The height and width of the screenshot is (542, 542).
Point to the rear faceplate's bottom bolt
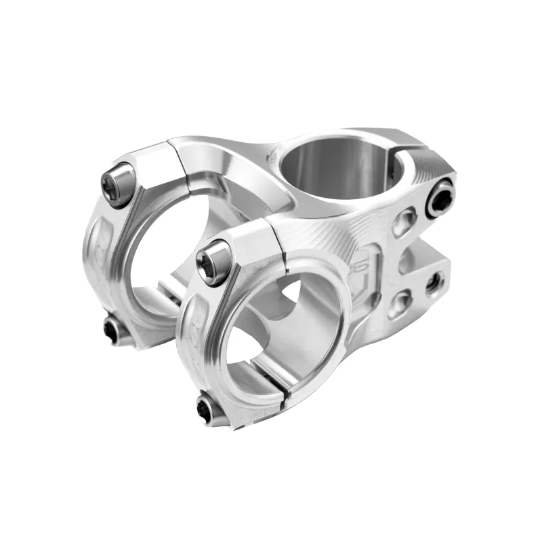click(112, 330)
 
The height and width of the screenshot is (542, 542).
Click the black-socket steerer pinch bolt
click(440, 199)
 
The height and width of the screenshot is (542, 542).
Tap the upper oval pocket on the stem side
click(404, 222)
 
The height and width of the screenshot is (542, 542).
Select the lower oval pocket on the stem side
click(401, 302)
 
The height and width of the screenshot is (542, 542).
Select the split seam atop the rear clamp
click(180, 159)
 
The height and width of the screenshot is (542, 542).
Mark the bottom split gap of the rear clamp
click(165, 292)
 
